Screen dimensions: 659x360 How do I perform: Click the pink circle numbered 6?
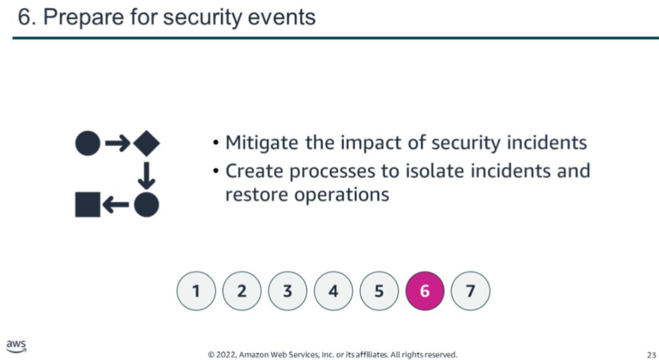[x=424, y=291]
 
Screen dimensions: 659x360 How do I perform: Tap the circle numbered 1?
[x=196, y=291]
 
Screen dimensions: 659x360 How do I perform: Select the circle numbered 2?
[x=242, y=291]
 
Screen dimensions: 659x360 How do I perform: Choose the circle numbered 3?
[x=288, y=291]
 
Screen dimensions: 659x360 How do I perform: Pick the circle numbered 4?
[x=334, y=291]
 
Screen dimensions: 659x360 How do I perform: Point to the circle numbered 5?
[x=379, y=291]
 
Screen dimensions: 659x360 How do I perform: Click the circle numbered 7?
[x=470, y=291]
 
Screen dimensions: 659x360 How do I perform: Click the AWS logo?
[x=16, y=346]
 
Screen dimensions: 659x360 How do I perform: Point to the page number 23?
[x=651, y=355]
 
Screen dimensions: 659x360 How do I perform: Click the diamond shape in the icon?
[x=146, y=143]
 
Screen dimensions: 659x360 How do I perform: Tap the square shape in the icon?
[x=88, y=205]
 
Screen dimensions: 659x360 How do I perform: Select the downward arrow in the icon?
[x=146, y=176]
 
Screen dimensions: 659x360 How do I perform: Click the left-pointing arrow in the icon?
[x=116, y=205]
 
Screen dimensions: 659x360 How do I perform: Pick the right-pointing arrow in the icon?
[x=117, y=143]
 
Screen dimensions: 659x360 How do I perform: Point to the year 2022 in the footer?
[x=225, y=355]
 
